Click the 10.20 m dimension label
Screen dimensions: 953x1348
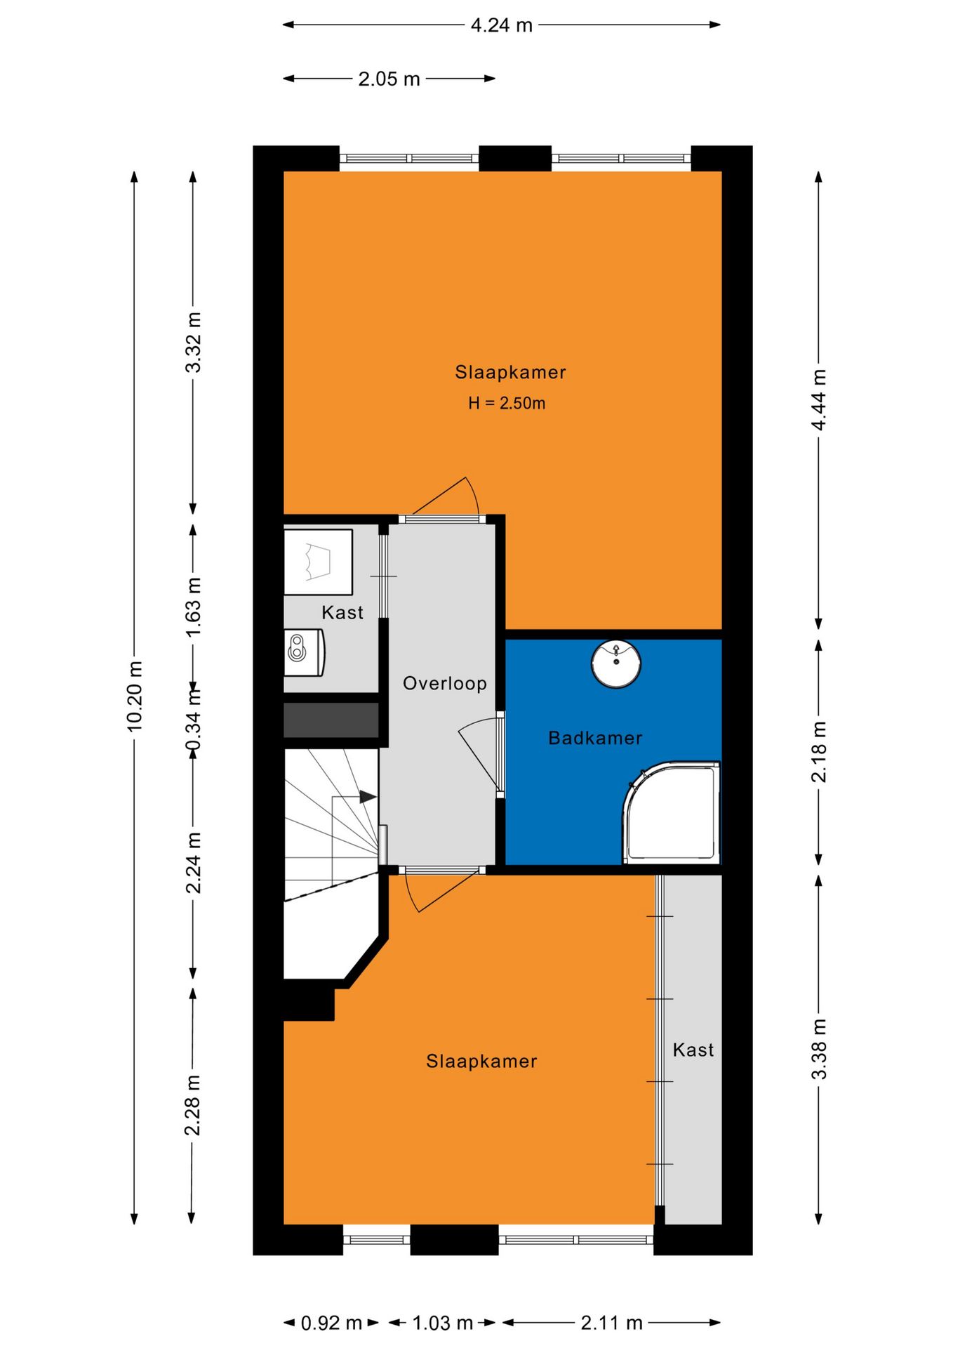pos(135,696)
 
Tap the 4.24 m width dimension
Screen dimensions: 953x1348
pos(502,25)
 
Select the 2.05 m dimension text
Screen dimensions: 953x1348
pos(389,79)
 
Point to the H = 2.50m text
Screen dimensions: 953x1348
pos(507,403)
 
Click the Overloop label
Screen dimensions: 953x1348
pos(445,683)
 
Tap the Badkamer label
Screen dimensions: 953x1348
pos(595,738)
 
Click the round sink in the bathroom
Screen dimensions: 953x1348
pos(616,663)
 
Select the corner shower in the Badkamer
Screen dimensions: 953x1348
pos(672,812)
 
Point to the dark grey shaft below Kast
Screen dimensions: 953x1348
pos(331,720)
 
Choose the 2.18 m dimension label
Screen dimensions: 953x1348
pos(818,752)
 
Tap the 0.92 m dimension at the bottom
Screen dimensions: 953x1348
pos(331,1323)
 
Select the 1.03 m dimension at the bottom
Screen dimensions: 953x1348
pos(442,1323)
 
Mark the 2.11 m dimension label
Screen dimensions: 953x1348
pos(611,1323)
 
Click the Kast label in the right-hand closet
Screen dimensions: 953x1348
pos(693,1050)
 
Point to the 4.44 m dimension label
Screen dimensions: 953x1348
pos(818,399)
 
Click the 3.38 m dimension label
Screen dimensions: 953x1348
pos(818,1050)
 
